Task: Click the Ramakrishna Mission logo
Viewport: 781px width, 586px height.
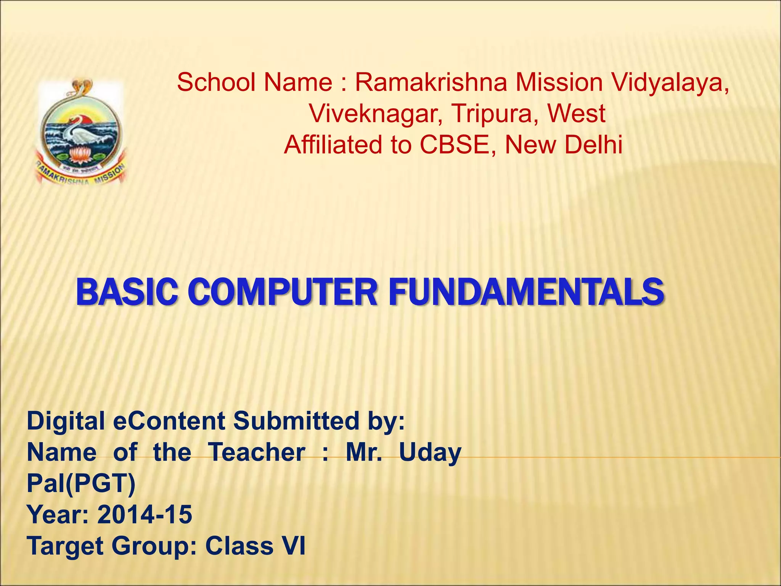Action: click(x=81, y=132)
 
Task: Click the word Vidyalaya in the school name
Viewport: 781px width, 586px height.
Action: click(x=670, y=82)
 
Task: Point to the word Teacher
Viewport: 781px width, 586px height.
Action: click(x=257, y=452)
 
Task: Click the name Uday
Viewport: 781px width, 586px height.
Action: click(x=430, y=453)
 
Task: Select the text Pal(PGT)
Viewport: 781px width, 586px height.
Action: click(x=81, y=484)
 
